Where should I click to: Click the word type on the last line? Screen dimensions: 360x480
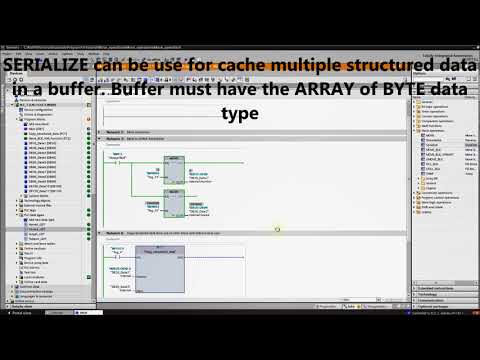coord(240,113)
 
